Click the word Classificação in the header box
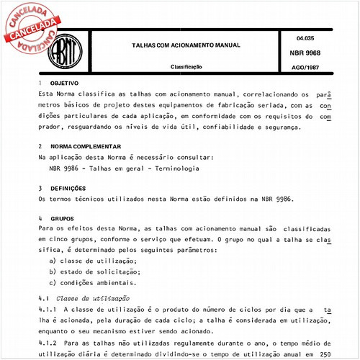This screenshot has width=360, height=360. click(186, 66)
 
